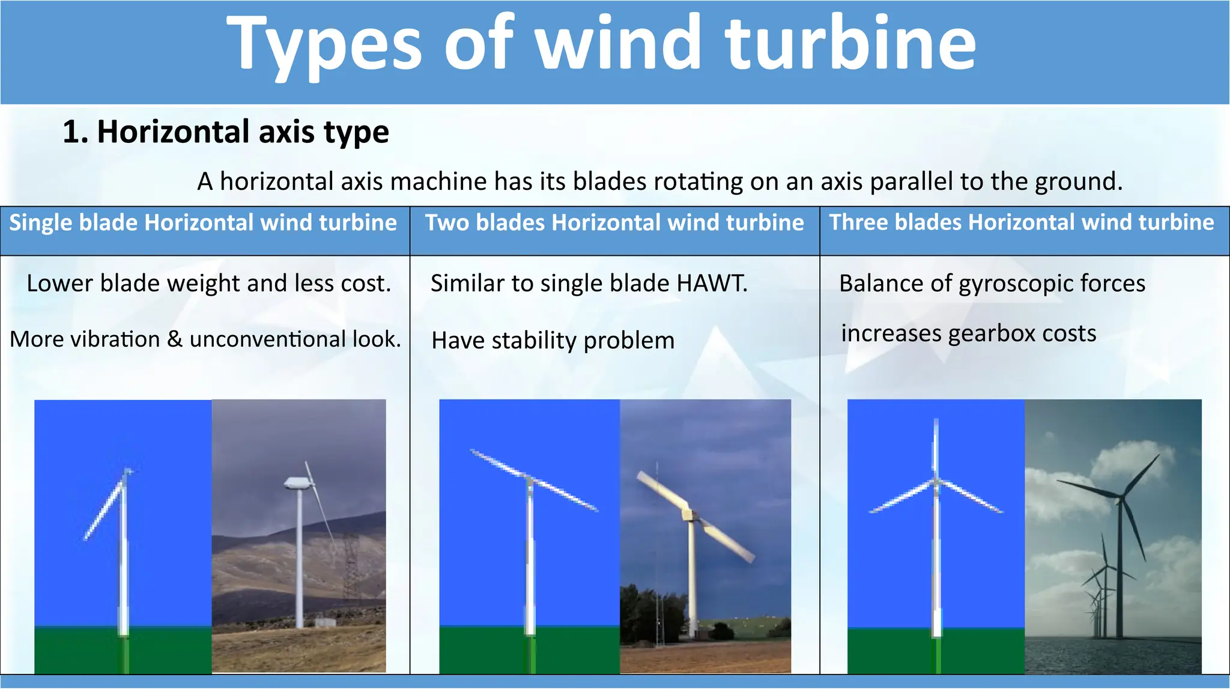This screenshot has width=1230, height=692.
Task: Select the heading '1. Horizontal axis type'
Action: click(x=226, y=132)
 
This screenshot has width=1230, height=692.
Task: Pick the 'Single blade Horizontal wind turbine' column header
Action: click(x=203, y=223)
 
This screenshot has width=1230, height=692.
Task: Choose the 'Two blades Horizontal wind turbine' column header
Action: click(x=614, y=223)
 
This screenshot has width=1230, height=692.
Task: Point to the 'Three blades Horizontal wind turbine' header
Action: click(x=1022, y=223)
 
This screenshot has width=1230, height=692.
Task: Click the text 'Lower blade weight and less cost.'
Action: click(x=209, y=284)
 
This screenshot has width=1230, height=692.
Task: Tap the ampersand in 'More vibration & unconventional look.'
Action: click(x=174, y=339)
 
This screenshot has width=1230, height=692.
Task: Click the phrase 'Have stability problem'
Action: click(x=553, y=341)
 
